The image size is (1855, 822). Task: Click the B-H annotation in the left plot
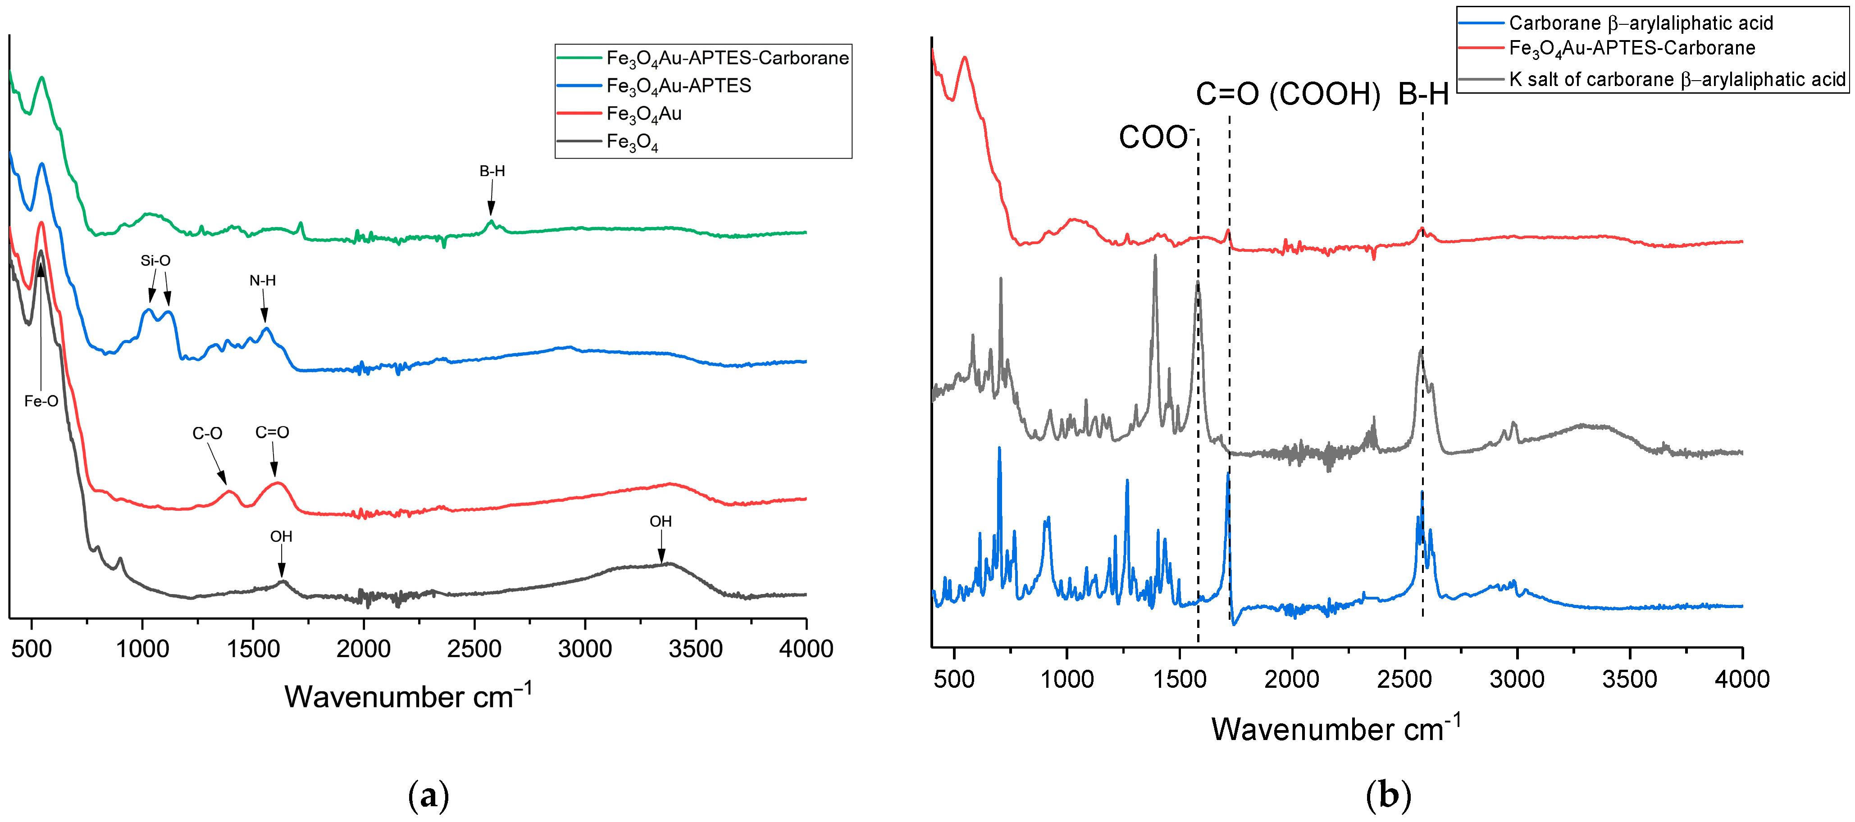[x=492, y=171]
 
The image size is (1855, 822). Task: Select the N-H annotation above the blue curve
[x=263, y=281]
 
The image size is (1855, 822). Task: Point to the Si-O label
[x=155, y=261]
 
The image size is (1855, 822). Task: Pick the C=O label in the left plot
[x=272, y=432]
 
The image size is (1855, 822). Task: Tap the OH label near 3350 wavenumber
[x=661, y=521]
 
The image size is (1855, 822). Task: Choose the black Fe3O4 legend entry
[x=632, y=142]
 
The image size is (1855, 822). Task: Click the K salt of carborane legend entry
[x=1677, y=79]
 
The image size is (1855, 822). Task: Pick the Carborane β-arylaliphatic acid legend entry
[x=1641, y=23]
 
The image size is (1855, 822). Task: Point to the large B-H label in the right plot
[x=1424, y=94]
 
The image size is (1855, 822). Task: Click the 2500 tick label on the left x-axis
[x=474, y=649]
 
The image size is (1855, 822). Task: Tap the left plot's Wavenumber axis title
[x=408, y=696]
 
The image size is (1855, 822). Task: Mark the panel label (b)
[x=1388, y=796]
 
